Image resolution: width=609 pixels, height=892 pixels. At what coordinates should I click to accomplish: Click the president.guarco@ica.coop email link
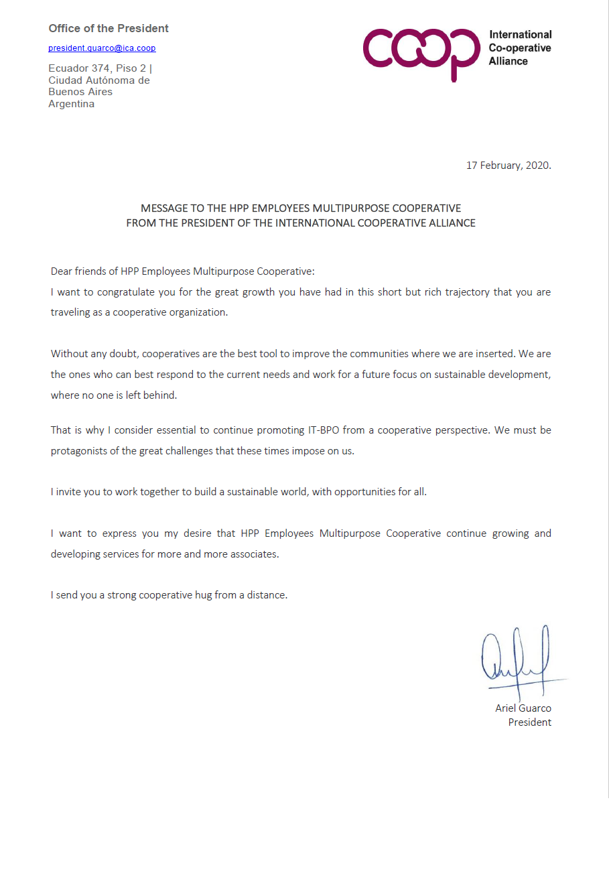point(102,48)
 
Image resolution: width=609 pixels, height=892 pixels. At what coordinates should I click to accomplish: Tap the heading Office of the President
point(109,28)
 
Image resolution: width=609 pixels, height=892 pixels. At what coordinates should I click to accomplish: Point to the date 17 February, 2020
point(509,166)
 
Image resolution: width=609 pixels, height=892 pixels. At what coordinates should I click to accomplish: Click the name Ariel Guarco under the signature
point(523,708)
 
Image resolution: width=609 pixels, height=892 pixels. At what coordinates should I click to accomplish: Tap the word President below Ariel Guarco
point(529,722)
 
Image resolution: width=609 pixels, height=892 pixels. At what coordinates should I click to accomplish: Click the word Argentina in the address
point(71,104)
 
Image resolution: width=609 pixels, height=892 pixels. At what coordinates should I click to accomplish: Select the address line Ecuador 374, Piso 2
point(99,68)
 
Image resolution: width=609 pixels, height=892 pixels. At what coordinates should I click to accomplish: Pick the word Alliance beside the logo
point(508,61)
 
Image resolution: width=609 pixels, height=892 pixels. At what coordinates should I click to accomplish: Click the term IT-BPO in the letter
point(324,430)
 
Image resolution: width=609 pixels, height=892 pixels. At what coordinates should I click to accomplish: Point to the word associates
point(254,554)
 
